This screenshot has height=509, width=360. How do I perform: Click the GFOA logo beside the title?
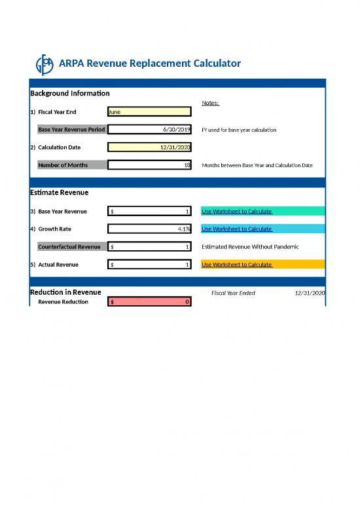coord(45,64)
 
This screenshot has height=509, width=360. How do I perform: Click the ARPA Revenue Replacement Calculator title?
coord(149,64)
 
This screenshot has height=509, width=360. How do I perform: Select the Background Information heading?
coord(70,94)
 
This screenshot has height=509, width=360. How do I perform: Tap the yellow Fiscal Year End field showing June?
coord(149,112)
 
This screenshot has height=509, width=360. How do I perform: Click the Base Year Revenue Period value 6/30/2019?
coord(149,130)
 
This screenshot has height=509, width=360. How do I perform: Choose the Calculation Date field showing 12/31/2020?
coord(149,147)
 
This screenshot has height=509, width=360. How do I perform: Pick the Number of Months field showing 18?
coord(149,165)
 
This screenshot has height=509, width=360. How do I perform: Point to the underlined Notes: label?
coord(210,103)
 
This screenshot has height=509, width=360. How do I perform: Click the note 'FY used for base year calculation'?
coord(238,130)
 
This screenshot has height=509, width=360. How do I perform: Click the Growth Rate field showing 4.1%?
coord(149,229)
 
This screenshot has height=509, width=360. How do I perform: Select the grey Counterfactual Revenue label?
coord(69,246)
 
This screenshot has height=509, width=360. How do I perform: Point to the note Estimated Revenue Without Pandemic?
coord(250,246)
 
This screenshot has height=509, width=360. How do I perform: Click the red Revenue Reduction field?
coord(149,301)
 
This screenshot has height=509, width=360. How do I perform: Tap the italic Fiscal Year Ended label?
coord(233,293)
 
